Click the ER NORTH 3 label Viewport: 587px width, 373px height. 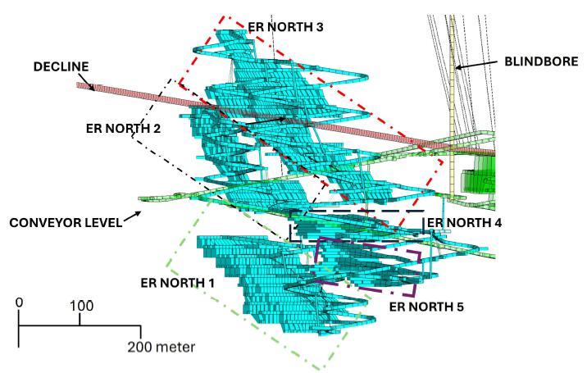click(x=285, y=27)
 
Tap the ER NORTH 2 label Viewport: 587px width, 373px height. click(x=123, y=129)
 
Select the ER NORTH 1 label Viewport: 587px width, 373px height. click(x=177, y=283)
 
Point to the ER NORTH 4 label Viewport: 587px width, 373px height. click(x=464, y=223)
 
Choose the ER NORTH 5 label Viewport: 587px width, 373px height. click(x=426, y=307)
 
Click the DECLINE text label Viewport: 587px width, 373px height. click(x=61, y=66)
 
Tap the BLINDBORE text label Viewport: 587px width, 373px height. click(x=541, y=61)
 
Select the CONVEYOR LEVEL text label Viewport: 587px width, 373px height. click(x=66, y=223)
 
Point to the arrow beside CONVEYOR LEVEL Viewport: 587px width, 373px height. click(x=132, y=216)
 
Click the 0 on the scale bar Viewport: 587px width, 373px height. click(x=19, y=302)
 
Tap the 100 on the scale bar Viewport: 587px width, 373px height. click(x=82, y=306)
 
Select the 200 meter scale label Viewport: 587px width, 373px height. click(x=162, y=347)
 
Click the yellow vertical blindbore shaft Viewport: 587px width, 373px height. click(x=453, y=105)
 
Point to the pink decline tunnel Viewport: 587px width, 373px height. click(x=284, y=119)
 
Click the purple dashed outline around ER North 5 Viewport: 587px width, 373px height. click(x=316, y=258)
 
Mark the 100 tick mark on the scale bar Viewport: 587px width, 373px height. click(x=80, y=320)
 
